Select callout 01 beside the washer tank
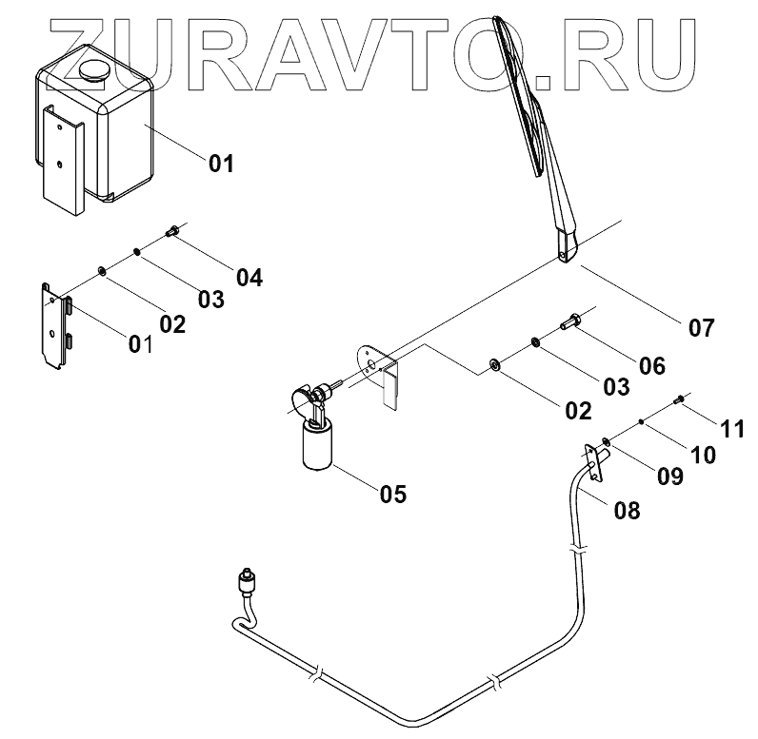pos(221,164)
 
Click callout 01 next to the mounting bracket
pos(141,342)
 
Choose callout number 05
pos(392,494)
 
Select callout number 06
pos(652,365)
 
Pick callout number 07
pos(701,328)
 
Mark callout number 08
pos(627,511)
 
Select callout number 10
pos(702,455)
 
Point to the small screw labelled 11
pos(680,399)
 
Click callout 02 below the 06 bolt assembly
pos(578,411)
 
